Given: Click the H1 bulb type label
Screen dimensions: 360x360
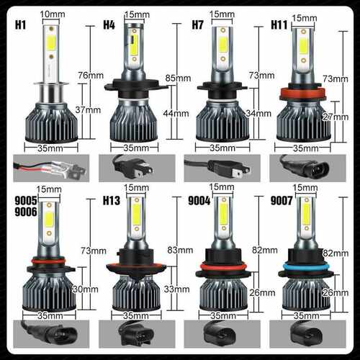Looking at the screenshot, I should click(21, 25).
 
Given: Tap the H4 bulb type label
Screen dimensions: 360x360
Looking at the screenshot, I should click(110, 25).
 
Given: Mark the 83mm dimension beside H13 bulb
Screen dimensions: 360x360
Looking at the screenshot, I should click(177, 249).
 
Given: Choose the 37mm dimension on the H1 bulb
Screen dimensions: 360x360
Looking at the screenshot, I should click(93, 110).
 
